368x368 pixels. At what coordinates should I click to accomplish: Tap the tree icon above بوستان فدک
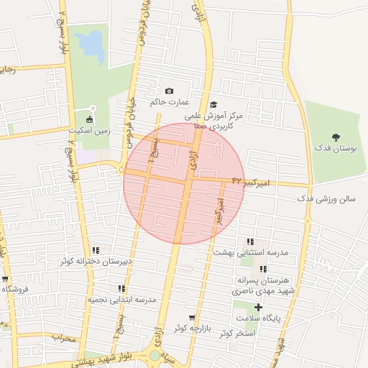[x=336, y=137]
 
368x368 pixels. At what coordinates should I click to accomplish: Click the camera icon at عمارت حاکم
[x=169, y=91]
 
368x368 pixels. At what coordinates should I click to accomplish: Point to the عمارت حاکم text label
[x=164, y=102]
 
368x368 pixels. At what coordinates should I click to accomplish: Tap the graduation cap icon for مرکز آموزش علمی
[x=213, y=105]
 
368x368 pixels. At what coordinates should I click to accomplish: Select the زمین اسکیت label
[x=89, y=131]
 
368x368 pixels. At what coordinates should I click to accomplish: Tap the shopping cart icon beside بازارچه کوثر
[x=191, y=318]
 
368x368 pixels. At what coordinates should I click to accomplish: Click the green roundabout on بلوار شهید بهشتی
[x=155, y=355]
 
